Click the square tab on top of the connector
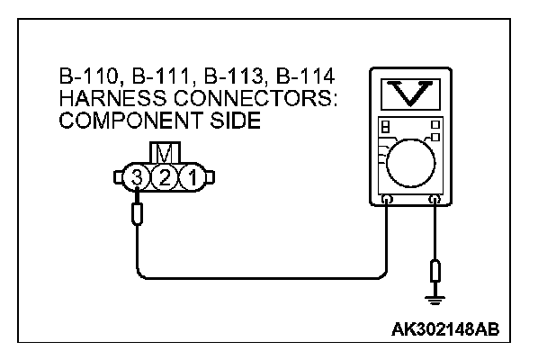(x=165, y=153)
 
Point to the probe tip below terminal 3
(x=137, y=215)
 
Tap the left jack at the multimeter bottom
(x=386, y=199)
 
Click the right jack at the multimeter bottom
(x=436, y=199)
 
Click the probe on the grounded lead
(x=436, y=271)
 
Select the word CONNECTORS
(x=238, y=98)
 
